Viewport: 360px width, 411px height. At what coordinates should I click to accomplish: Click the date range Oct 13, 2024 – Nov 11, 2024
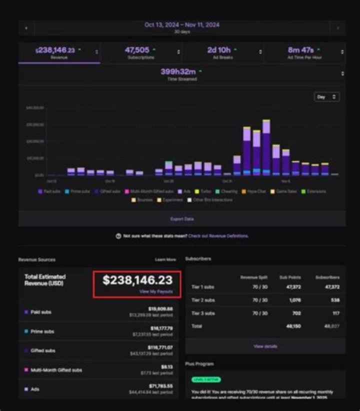click(x=182, y=24)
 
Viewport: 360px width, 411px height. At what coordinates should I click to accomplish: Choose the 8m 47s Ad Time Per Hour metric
click(x=304, y=52)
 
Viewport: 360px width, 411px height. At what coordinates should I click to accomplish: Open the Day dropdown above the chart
click(x=326, y=97)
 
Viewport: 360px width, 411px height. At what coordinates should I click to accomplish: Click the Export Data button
click(x=181, y=218)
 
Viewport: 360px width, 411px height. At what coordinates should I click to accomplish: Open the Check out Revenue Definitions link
click(x=218, y=236)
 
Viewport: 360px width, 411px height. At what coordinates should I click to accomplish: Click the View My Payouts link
click(x=156, y=291)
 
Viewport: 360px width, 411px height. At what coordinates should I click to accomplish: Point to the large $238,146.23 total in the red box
click(x=137, y=280)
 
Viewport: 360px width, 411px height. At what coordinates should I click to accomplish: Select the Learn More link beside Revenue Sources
click(x=165, y=259)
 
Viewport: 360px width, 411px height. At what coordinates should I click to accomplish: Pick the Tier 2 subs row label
click(x=203, y=300)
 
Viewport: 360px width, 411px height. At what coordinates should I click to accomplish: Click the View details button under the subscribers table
click(x=265, y=346)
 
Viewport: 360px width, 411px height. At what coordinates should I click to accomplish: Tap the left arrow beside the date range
click(x=26, y=28)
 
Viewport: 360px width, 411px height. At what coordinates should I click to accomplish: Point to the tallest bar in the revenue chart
click(x=266, y=147)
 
